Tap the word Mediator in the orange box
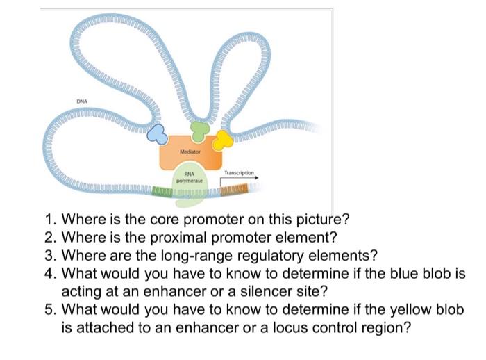190,151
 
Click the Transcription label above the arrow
241,172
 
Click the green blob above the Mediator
199,130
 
